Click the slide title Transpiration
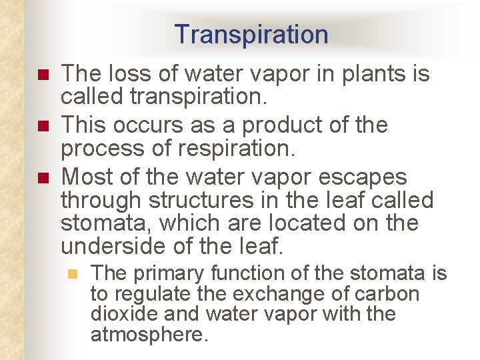(251, 35)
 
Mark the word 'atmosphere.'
(149, 334)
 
